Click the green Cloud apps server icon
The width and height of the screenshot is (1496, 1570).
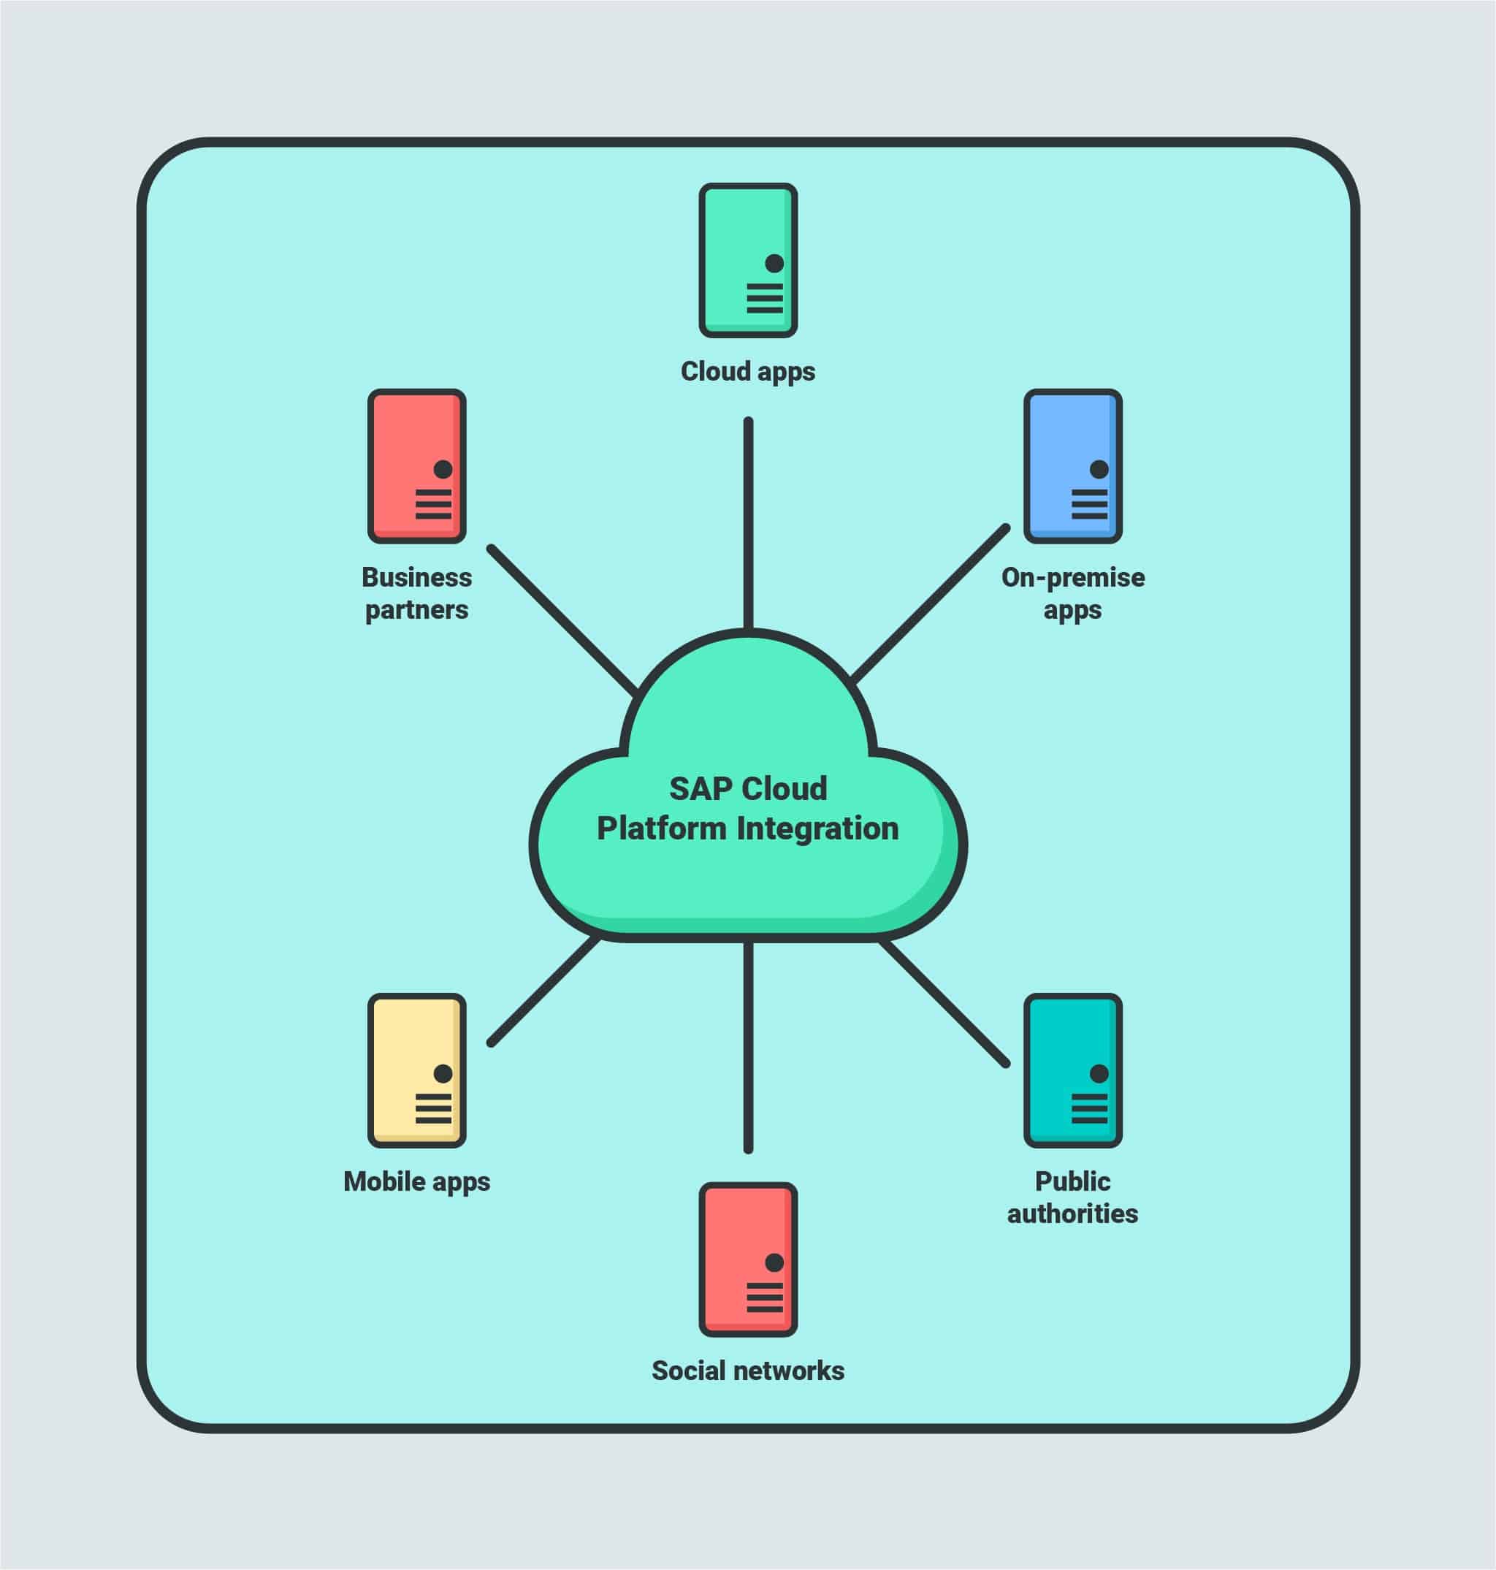pos(748,260)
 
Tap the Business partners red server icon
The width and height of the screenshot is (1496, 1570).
pos(416,466)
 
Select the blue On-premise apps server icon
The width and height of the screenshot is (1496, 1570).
pos(1072,466)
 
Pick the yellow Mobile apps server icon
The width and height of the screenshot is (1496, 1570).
pos(416,1070)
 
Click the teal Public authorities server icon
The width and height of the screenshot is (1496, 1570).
pos(1072,1070)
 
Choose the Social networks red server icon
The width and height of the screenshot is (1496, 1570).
pos(748,1260)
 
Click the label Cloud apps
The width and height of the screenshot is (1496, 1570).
pos(748,372)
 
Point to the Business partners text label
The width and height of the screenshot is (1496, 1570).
pos(416,593)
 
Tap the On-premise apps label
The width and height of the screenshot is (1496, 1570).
pos(1072,593)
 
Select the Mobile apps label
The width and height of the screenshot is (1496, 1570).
pos(416,1181)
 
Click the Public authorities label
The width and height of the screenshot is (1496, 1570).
pos(1072,1197)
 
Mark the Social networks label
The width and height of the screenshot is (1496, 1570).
pos(748,1371)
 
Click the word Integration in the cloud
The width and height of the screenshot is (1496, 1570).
pos(817,828)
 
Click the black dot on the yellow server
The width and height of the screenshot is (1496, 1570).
pos(443,1073)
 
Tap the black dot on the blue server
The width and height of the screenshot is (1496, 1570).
pos(1099,469)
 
